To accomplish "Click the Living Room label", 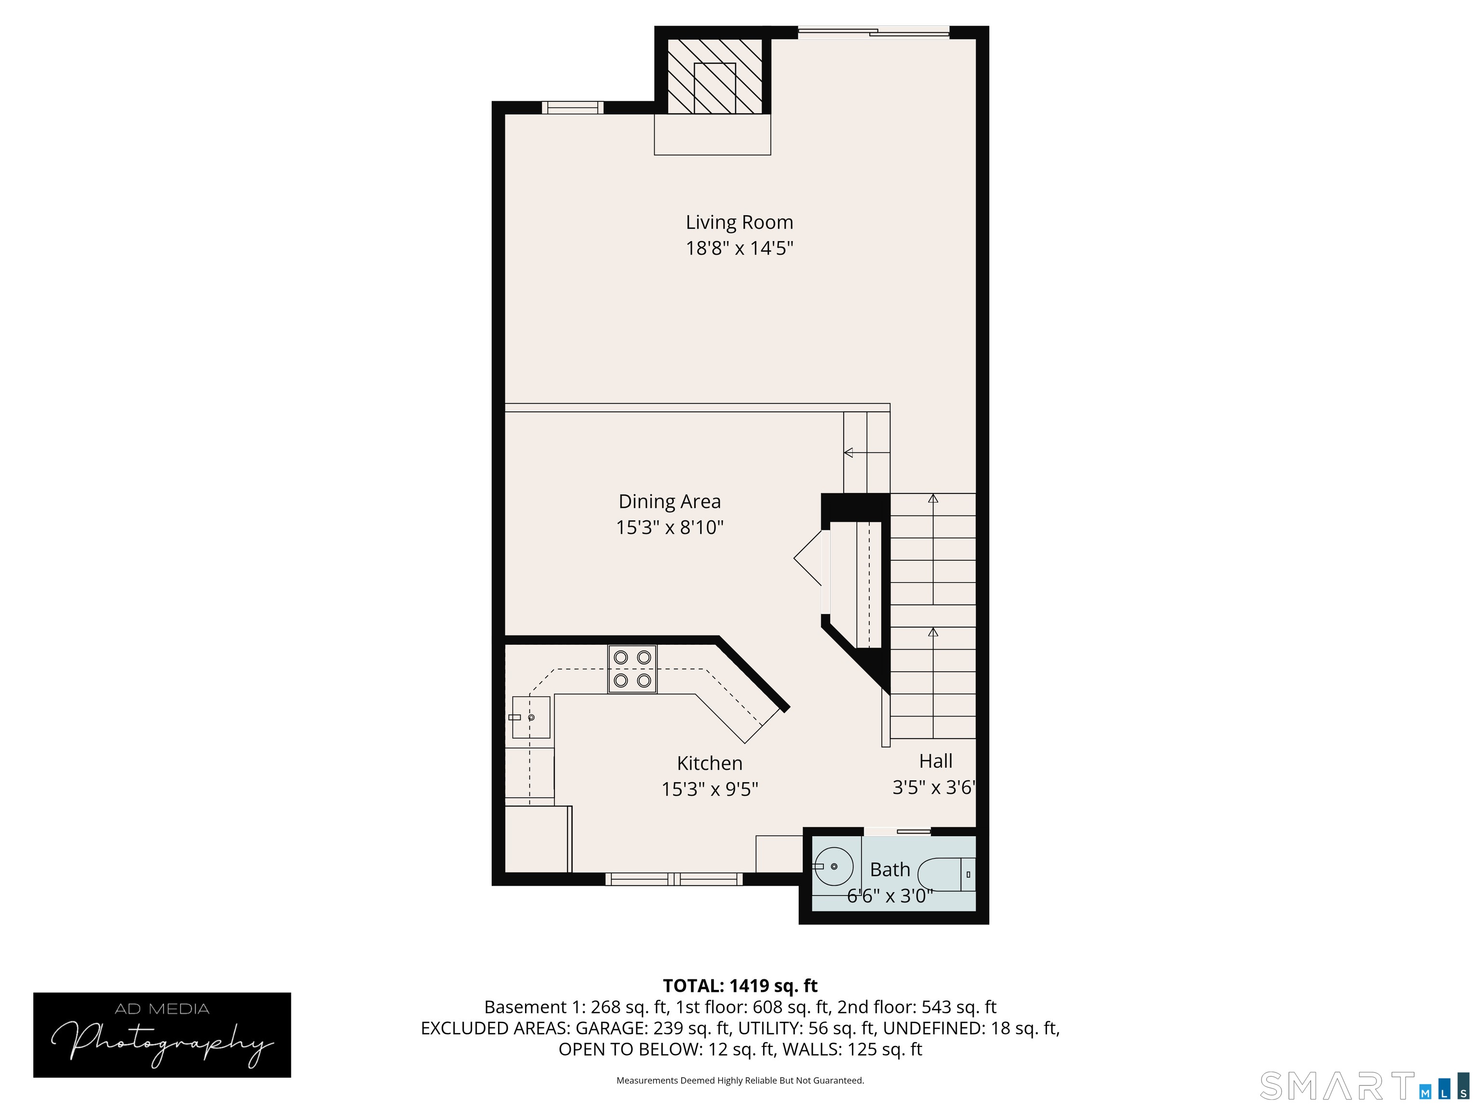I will (x=739, y=222).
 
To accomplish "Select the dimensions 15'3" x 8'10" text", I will (x=670, y=528).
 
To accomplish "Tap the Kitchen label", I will (x=709, y=763).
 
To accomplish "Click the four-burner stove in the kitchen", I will (x=632, y=669).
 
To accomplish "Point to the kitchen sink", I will (x=531, y=717).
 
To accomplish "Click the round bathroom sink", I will (x=834, y=867).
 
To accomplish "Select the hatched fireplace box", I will (x=715, y=76).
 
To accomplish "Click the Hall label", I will (x=935, y=761).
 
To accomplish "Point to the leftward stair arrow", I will (x=849, y=453).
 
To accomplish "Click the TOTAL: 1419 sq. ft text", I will (x=740, y=986).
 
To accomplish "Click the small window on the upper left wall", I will (x=572, y=107).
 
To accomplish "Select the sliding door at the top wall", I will (x=873, y=31).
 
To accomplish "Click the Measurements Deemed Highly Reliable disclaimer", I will (x=740, y=1080).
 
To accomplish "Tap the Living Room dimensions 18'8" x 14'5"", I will (x=739, y=248).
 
